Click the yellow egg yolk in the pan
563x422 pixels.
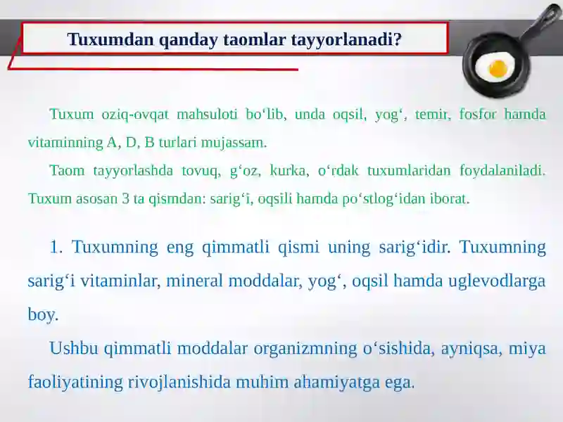(x=498, y=68)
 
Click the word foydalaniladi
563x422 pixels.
(x=502, y=171)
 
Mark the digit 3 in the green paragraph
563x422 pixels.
(x=126, y=198)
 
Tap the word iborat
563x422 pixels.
(x=448, y=198)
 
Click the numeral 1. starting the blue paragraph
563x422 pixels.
(x=56, y=247)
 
